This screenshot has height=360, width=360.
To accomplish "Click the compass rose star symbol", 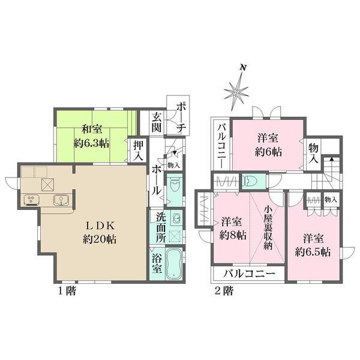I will pos(237,92).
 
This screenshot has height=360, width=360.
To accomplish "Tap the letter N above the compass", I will pos(242,67).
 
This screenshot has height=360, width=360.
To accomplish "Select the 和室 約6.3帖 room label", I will pos(91,136).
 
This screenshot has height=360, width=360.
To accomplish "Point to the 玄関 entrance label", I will pos(157,123).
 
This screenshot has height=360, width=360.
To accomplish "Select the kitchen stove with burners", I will pos(31,200).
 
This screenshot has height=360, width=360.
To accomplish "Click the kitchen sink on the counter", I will pos(59,200).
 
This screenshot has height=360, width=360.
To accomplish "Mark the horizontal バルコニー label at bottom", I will pos(250,274).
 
